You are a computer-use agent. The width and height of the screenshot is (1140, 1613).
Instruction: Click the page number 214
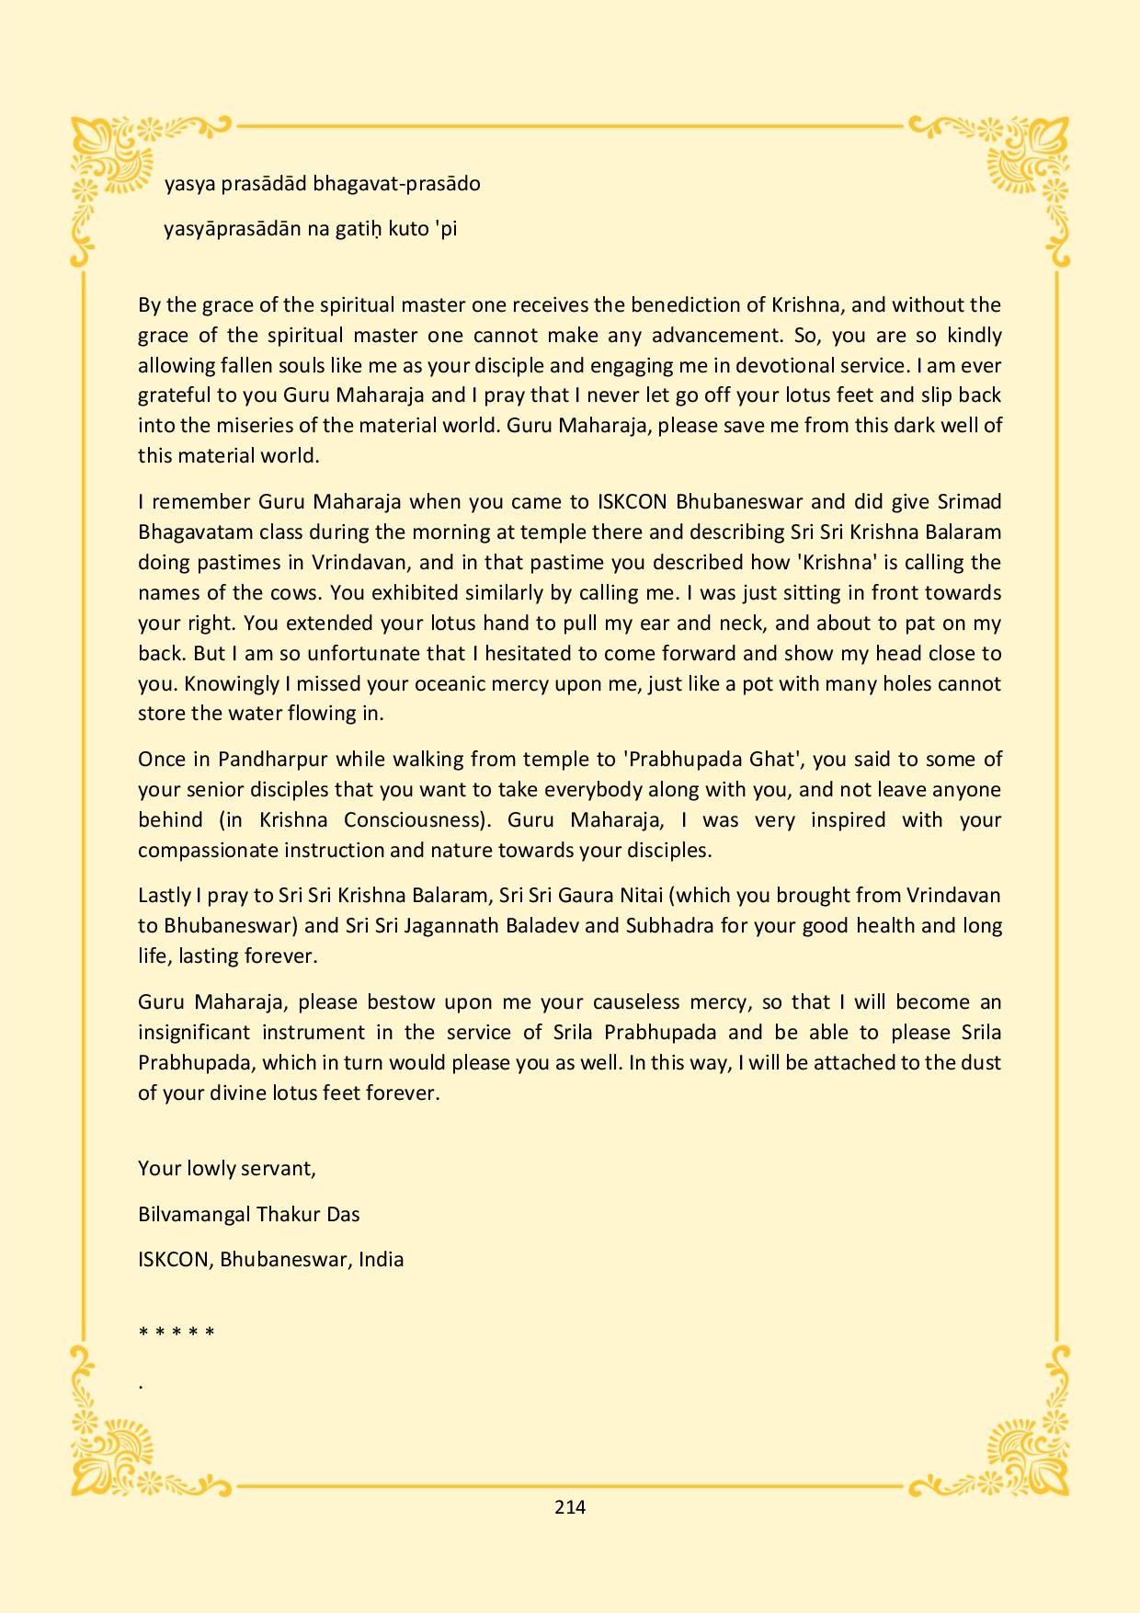(x=570, y=1506)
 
